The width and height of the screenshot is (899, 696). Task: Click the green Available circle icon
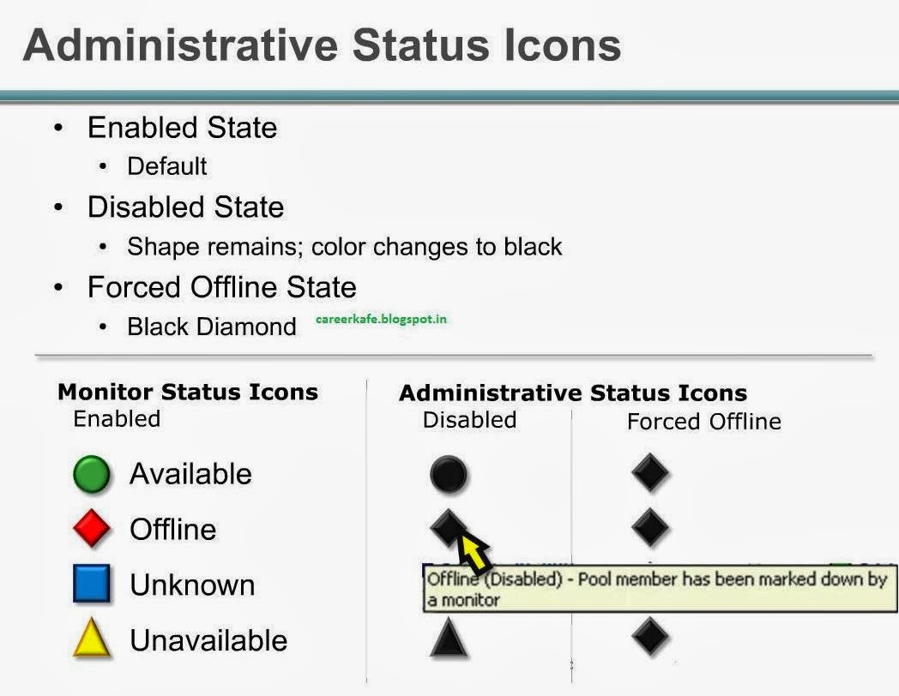coord(92,475)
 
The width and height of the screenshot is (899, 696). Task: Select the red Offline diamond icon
coord(92,529)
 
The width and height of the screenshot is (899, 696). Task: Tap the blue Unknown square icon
coord(92,585)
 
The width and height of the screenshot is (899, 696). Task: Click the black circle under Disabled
coord(449,475)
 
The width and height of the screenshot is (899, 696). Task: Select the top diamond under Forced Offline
coord(649,473)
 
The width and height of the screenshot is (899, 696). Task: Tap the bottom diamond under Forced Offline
coord(649,637)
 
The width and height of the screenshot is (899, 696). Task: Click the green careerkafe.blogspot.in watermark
coord(381,319)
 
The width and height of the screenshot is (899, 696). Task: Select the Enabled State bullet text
coord(182,128)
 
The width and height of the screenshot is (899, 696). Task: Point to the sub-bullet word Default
coord(167,166)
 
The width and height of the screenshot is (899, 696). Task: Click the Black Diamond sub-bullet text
coord(211,327)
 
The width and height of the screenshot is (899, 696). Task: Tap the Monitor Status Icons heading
coord(187,393)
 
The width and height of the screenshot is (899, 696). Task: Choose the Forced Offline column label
coord(703,422)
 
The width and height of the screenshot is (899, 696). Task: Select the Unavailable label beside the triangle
coord(208,640)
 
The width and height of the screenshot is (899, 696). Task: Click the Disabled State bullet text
coord(185,207)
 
